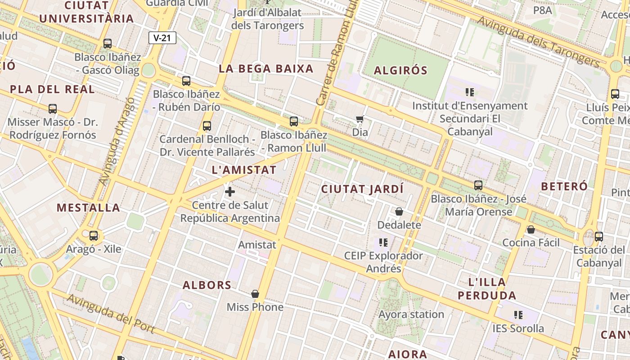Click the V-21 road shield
pos(162,38)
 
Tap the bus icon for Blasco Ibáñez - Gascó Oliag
pos(108,44)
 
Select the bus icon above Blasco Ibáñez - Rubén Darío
pos(186,81)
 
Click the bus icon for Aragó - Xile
pos(94,235)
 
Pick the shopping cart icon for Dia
pos(360,119)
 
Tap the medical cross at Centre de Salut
pos(230,192)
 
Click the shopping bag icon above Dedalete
pos(399,211)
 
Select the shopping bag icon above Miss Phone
pos(255,294)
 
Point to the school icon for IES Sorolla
pos(518,315)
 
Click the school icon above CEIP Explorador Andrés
pos(383,243)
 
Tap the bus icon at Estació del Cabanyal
pos(599,236)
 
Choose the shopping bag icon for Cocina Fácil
pos(531,229)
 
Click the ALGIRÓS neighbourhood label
pos(400,71)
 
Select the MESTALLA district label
pos(88,208)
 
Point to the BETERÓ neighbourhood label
pos(564,186)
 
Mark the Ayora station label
pos(411,314)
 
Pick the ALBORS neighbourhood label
pos(207,285)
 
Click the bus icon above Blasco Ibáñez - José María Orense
pos(478,185)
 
